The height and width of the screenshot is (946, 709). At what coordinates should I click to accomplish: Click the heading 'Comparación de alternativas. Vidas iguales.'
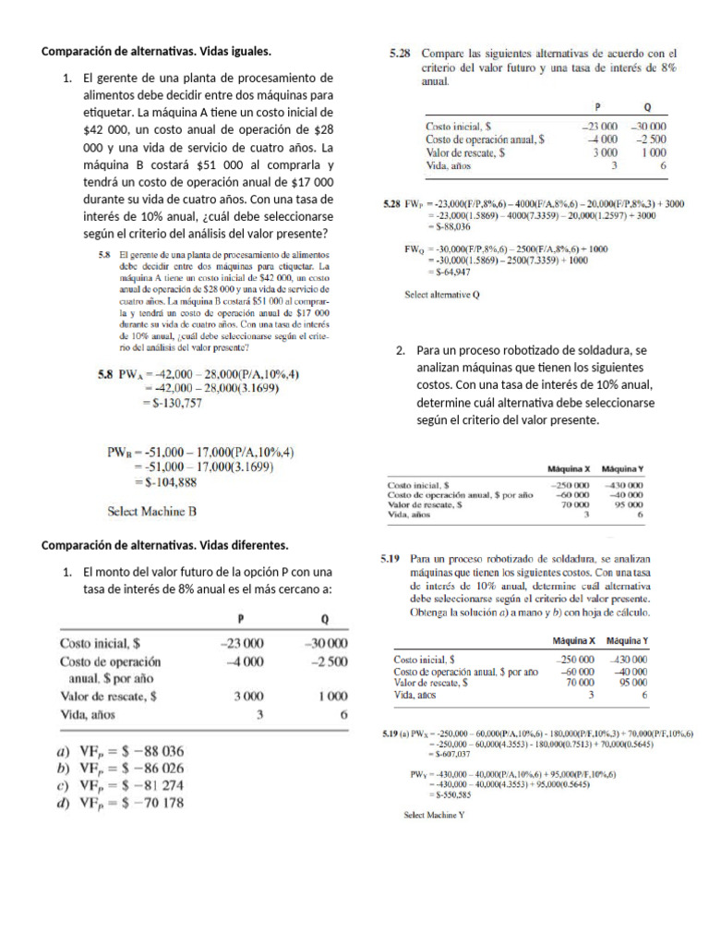click(157, 51)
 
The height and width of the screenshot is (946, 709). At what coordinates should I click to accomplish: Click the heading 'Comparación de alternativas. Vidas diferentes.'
click(165, 544)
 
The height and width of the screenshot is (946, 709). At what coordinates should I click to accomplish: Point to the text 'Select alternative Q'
click(443, 296)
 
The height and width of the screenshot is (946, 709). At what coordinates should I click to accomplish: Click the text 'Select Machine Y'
click(434, 816)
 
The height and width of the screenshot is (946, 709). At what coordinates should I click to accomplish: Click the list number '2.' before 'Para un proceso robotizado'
click(401, 351)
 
